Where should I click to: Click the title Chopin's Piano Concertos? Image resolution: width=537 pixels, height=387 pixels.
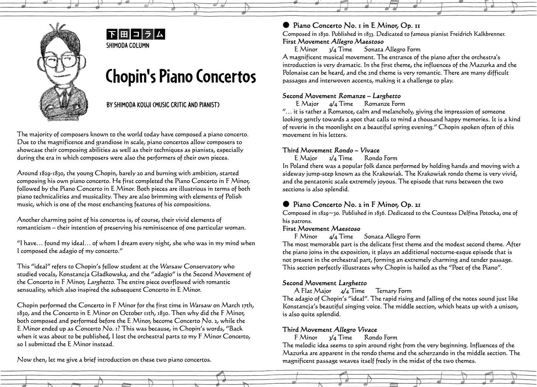(180, 77)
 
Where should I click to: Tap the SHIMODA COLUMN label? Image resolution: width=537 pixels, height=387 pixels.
(128, 45)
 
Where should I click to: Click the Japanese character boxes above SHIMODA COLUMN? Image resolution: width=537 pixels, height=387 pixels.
(135, 35)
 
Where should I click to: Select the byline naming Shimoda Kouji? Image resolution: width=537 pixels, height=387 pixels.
(163, 105)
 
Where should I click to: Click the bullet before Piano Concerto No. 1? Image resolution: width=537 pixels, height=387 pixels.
(286, 25)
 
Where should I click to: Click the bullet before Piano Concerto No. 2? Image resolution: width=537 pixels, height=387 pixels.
(286, 204)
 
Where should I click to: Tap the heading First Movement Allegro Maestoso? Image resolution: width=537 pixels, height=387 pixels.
(333, 42)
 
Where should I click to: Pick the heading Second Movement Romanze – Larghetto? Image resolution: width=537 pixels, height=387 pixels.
(341, 96)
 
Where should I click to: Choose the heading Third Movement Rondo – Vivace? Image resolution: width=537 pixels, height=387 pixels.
(330, 150)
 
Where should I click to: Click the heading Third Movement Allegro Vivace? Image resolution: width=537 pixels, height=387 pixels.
(329, 329)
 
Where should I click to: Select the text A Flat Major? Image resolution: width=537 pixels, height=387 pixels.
(313, 291)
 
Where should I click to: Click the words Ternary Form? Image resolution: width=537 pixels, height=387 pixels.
(393, 291)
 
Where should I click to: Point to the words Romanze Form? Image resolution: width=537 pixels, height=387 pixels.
(384, 104)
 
